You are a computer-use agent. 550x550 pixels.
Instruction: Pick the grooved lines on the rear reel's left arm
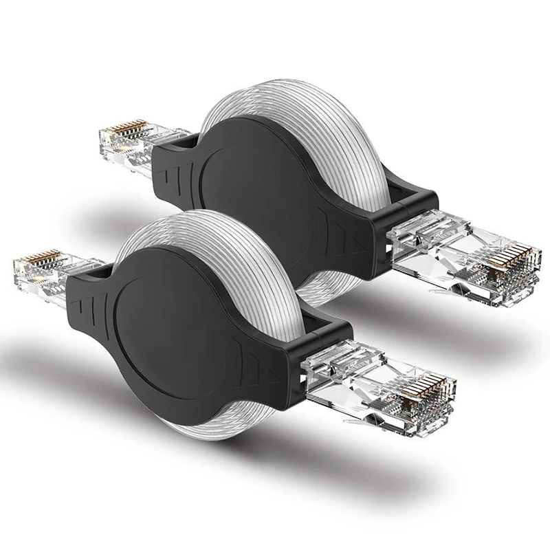(175, 165)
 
